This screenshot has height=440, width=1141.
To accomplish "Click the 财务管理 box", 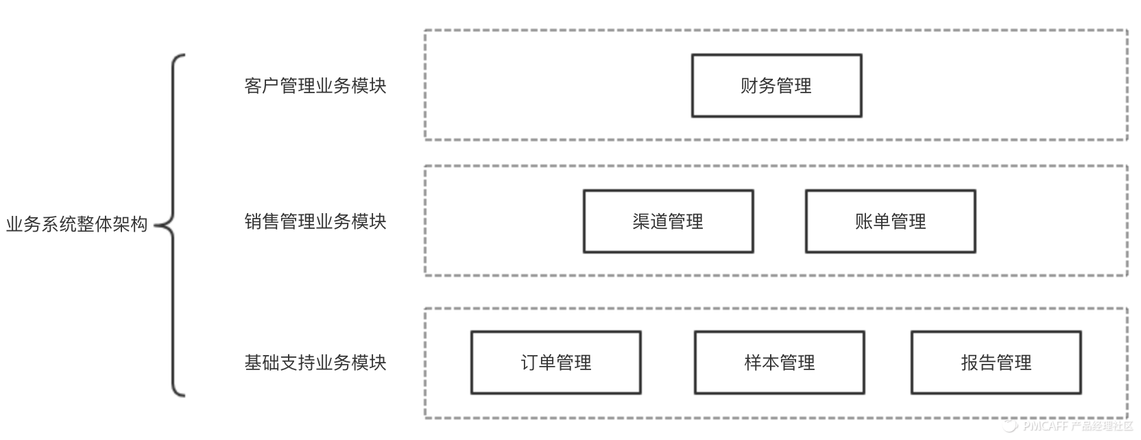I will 776,86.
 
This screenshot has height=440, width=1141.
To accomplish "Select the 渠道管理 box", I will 668,221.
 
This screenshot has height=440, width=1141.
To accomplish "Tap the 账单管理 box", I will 890,221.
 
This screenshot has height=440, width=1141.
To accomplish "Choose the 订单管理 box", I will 555,363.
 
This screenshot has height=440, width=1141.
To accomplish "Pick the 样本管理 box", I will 779,363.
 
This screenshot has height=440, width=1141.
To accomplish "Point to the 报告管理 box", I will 996,363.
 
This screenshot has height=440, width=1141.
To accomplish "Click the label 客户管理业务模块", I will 315,86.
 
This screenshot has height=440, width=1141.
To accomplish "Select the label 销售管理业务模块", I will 315,221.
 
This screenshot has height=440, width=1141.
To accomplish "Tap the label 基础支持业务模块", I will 315,363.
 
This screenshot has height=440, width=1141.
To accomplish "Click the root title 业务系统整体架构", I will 77,224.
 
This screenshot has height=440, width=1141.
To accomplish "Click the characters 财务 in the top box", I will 758,86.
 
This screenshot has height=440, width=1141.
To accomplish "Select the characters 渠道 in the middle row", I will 650,221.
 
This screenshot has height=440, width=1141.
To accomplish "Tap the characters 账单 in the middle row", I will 872,221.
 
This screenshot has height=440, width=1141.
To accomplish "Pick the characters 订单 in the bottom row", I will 538,363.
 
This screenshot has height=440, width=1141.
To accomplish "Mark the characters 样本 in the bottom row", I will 762,363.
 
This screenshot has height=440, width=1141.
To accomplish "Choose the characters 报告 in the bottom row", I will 978,363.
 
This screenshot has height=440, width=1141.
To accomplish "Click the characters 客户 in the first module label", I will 262,86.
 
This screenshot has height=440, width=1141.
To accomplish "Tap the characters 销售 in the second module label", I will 262,221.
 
